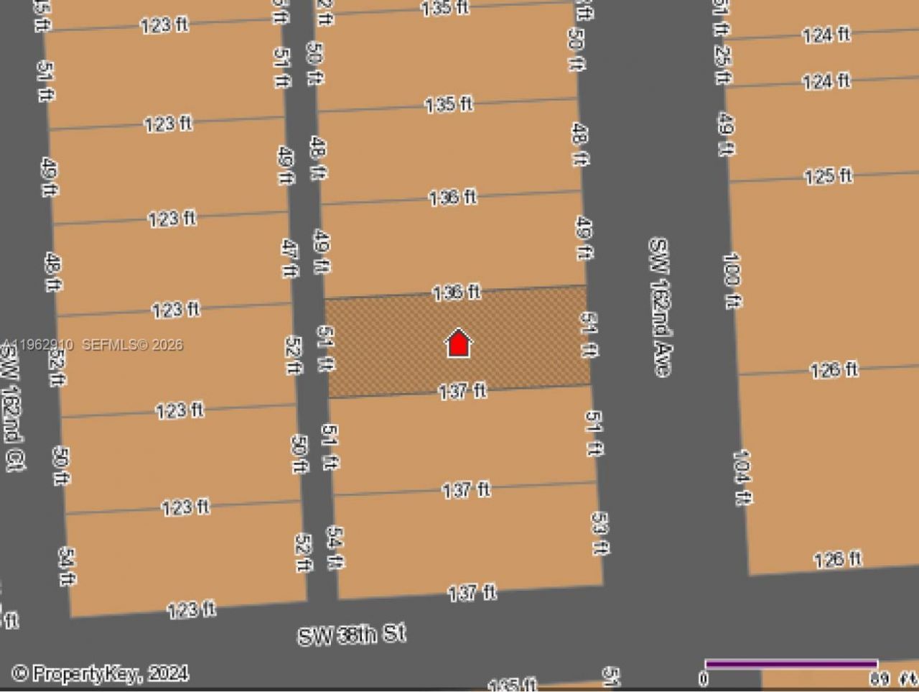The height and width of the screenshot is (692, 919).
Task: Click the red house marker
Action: pyautogui.click(x=458, y=343)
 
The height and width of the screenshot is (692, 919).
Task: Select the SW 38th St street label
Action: pyautogui.click(x=352, y=635)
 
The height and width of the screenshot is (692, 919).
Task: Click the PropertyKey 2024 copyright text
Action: pyautogui.click(x=101, y=673)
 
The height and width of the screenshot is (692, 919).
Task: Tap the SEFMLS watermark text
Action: pyautogui.click(x=93, y=345)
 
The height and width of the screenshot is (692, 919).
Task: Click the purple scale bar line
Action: pyautogui.click(x=790, y=663)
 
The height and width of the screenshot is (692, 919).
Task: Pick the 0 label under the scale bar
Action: pyautogui.click(x=704, y=679)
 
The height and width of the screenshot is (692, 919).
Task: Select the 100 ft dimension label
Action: pyautogui.click(x=732, y=280)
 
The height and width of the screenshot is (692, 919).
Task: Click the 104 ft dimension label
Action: pyautogui.click(x=742, y=477)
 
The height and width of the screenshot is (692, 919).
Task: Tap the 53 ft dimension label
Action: pyautogui.click(x=600, y=532)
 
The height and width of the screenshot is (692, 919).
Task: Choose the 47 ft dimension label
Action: pyautogui.click(x=288, y=258)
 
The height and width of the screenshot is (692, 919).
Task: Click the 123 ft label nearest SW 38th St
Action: pyautogui.click(x=191, y=610)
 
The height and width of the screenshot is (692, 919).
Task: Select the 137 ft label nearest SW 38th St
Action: pyautogui.click(x=472, y=593)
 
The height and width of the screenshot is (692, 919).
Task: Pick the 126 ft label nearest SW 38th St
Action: pyautogui.click(x=837, y=559)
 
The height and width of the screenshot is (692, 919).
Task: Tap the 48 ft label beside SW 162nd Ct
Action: pyautogui.click(x=52, y=271)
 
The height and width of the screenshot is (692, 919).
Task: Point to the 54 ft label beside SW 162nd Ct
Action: pyautogui.click(x=66, y=566)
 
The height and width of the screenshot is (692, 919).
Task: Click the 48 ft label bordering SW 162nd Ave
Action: pyautogui.click(x=579, y=144)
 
